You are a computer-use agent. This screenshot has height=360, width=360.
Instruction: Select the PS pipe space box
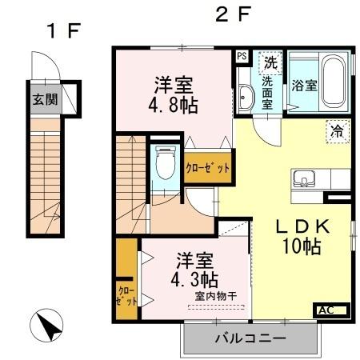coord(242,56)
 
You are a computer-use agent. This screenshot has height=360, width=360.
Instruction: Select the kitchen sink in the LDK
coord(305,178)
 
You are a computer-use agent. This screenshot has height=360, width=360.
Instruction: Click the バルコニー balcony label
coord(249,339)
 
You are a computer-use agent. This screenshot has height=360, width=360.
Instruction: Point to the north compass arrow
coord(47,326)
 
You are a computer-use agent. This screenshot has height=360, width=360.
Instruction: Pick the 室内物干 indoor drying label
coord(215,296)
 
